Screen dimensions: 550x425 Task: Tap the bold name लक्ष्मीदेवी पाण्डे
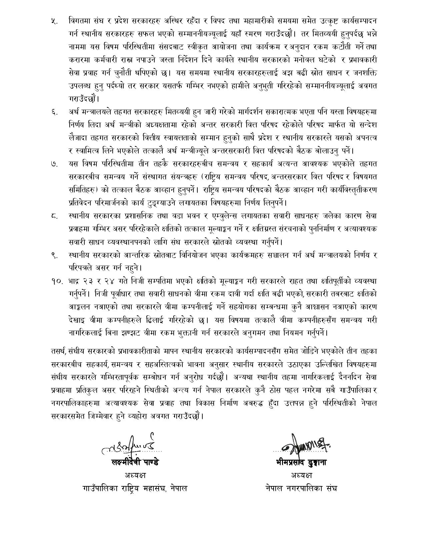click(135, 462)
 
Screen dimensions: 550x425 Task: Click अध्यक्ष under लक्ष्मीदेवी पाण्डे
click(135, 475)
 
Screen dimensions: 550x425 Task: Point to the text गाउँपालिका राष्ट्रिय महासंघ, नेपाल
click(135, 488)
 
